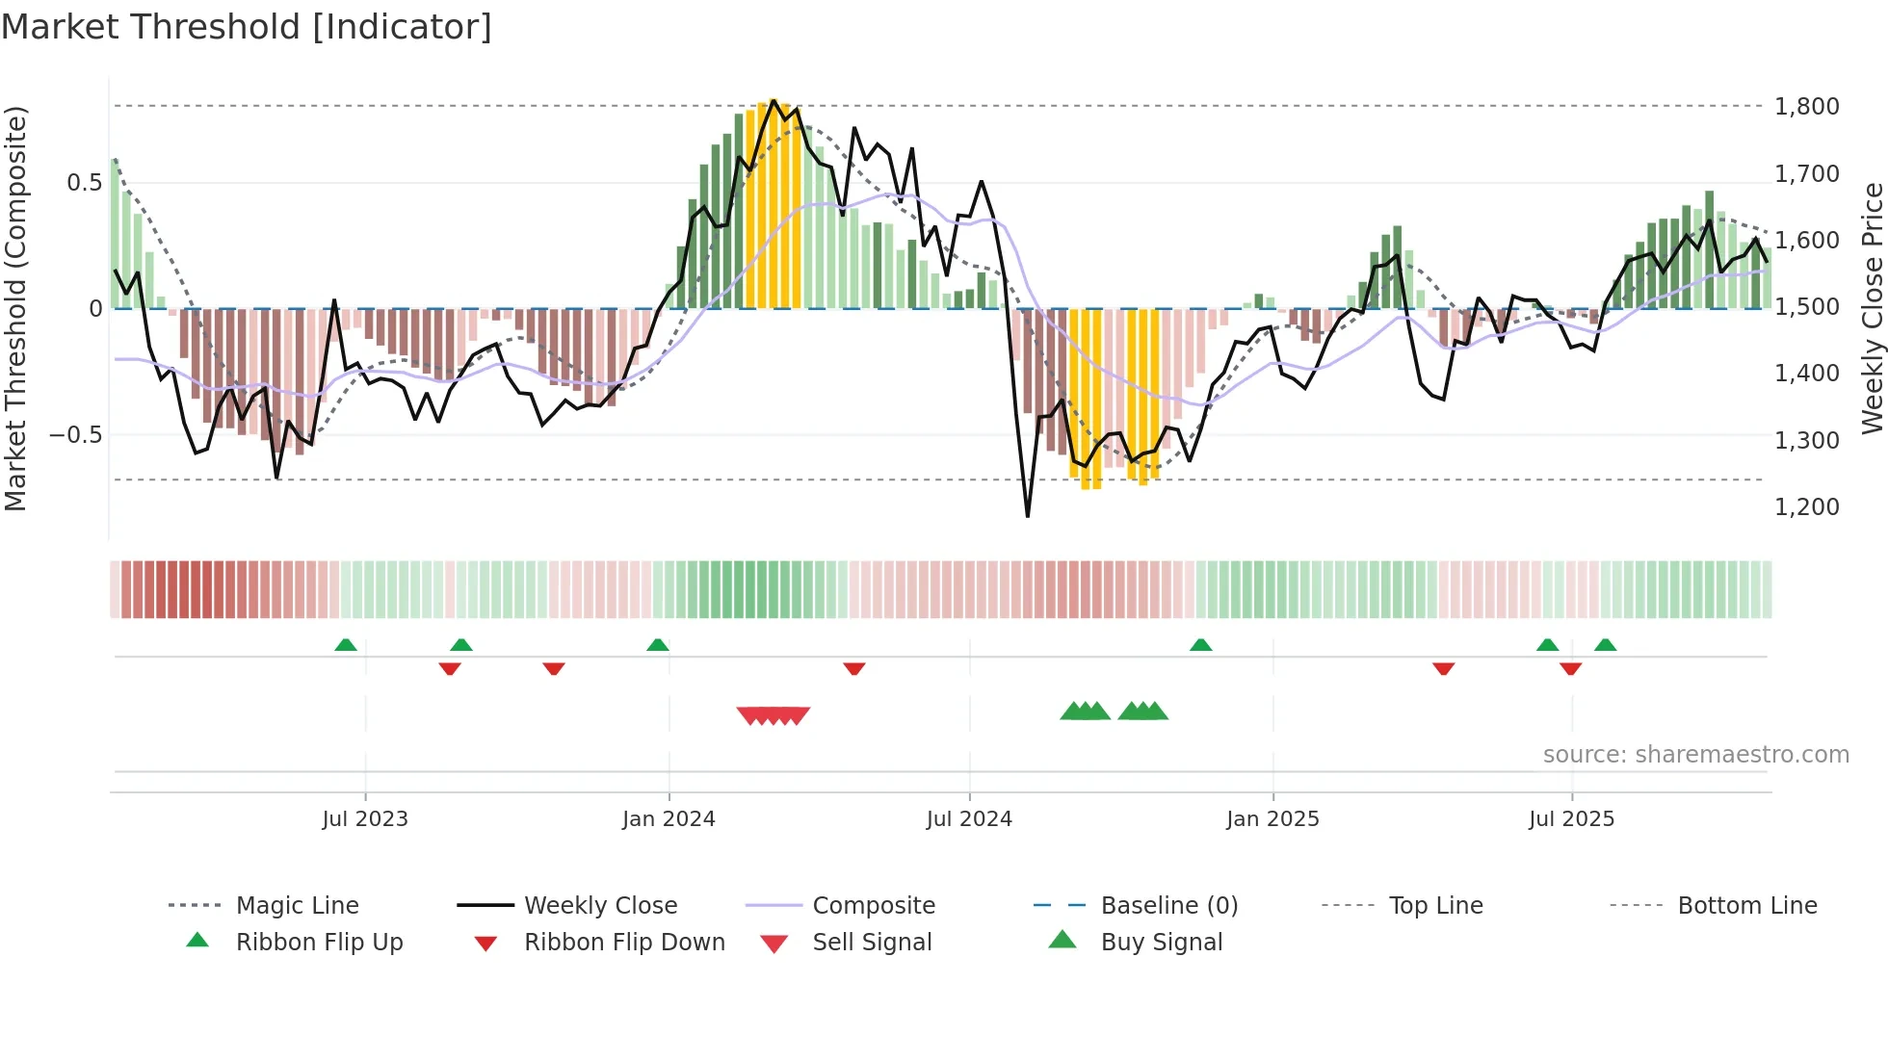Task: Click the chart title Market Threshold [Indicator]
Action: point(247,27)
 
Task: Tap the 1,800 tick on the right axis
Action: point(1806,106)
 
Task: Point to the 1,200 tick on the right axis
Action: point(1806,506)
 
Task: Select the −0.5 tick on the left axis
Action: point(75,434)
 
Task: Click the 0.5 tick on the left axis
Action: point(84,182)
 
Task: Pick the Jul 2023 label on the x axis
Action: point(365,819)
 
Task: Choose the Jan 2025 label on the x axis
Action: point(1272,819)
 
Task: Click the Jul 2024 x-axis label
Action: point(969,819)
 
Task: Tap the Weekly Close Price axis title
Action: point(1872,308)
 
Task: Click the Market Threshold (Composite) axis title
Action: point(15,308)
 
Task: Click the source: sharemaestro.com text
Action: point(1695,755)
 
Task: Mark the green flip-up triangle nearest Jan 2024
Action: point(658,645)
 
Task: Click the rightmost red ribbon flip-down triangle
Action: point(1570,668)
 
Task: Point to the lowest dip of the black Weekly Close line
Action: point(1028,516)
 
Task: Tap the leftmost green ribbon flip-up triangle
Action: point(346,645)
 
